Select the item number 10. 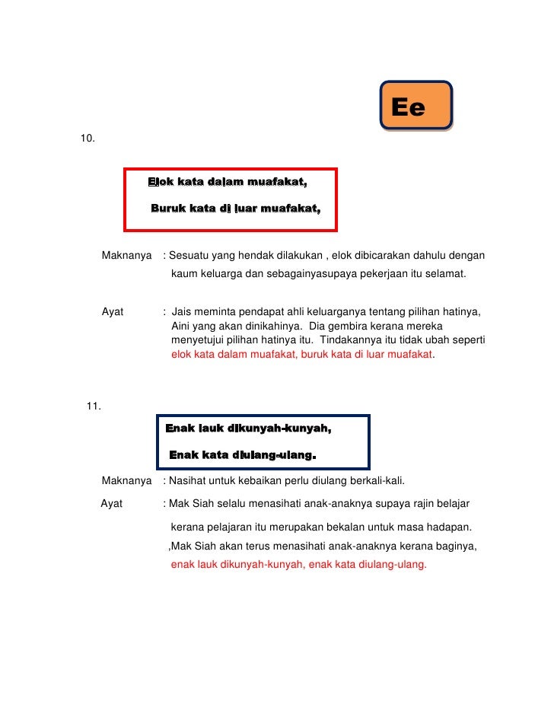(x=88, y=139)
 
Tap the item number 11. (x=94, y=406)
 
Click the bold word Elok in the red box (x=161, y=182)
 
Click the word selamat (x=446, y=272)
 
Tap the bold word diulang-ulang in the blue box (x=267, y=456)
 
